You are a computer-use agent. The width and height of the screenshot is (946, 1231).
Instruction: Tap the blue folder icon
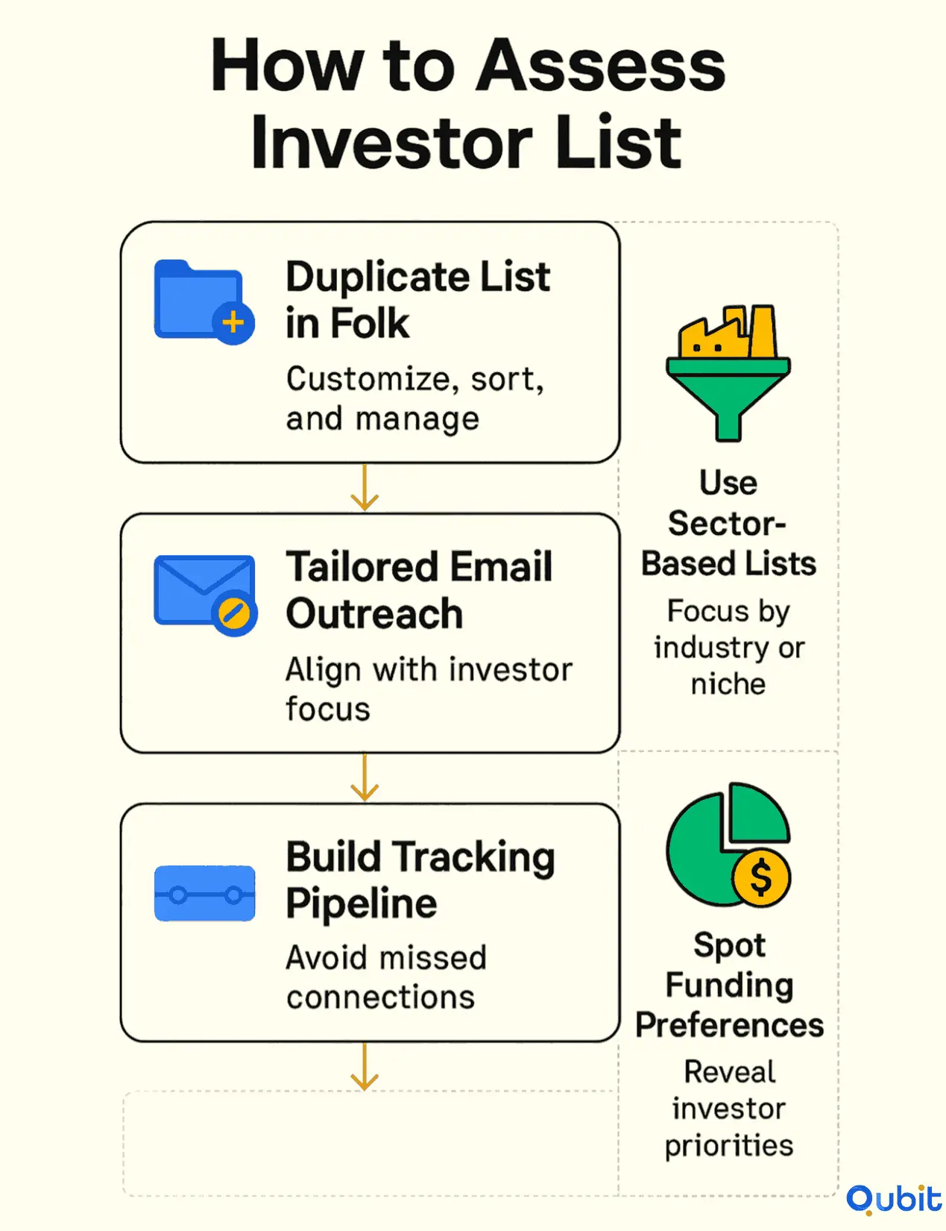pos(198,298)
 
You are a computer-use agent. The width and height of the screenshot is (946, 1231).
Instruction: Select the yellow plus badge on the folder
pos(233,323)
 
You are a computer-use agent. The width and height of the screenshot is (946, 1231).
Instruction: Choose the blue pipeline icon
pos(205,893)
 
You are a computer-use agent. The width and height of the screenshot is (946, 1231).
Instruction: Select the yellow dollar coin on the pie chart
pos(761,877)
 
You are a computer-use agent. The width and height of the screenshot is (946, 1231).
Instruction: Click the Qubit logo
pos(894,1200)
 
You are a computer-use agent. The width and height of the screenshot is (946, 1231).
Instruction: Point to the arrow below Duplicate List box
pos(365,488)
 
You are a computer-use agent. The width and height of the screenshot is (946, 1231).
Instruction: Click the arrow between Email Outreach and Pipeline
pos(365,777)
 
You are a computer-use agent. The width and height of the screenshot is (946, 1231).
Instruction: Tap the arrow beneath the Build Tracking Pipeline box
pos(365,1067)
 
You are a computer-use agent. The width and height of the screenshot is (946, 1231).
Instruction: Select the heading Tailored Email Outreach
pos(419,589)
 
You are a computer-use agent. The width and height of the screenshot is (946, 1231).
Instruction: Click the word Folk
pos(370,324)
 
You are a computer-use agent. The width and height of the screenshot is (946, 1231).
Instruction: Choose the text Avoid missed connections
pos(386,977)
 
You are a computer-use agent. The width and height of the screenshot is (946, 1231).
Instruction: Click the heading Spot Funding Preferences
pos(729,985)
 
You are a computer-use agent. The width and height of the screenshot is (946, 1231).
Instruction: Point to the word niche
pos(728,684)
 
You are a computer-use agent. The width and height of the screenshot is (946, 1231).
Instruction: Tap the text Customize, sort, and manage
pos(414,399)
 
